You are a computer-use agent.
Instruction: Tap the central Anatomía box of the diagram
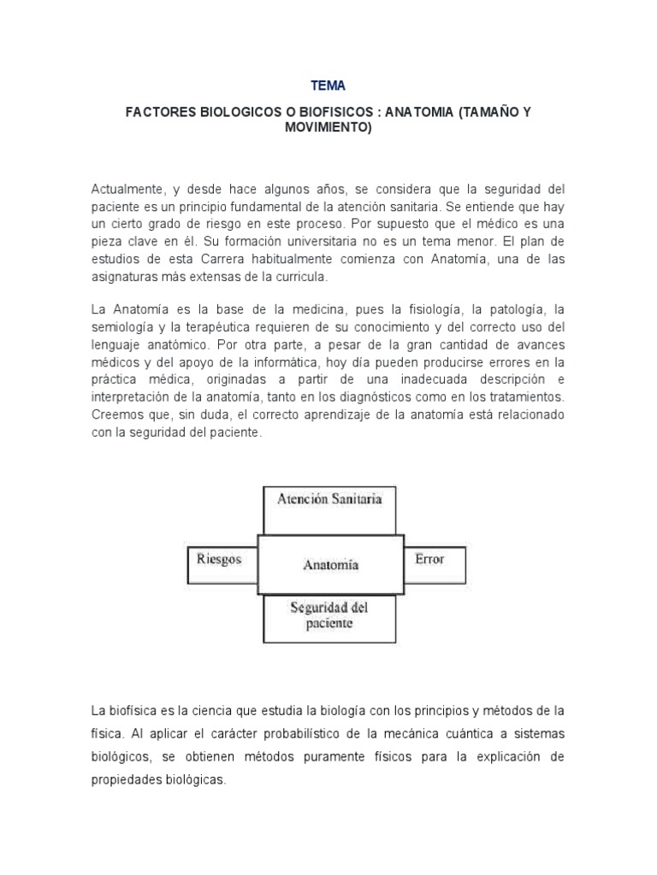click(330, 565)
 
